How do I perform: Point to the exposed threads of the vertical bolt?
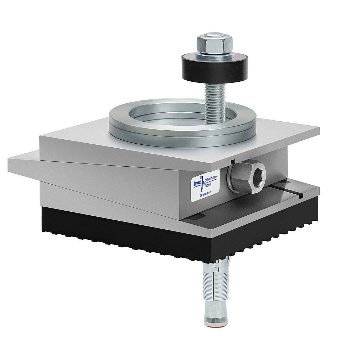click(x=215, y=103)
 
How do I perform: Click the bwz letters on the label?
click(x=197, y=183)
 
